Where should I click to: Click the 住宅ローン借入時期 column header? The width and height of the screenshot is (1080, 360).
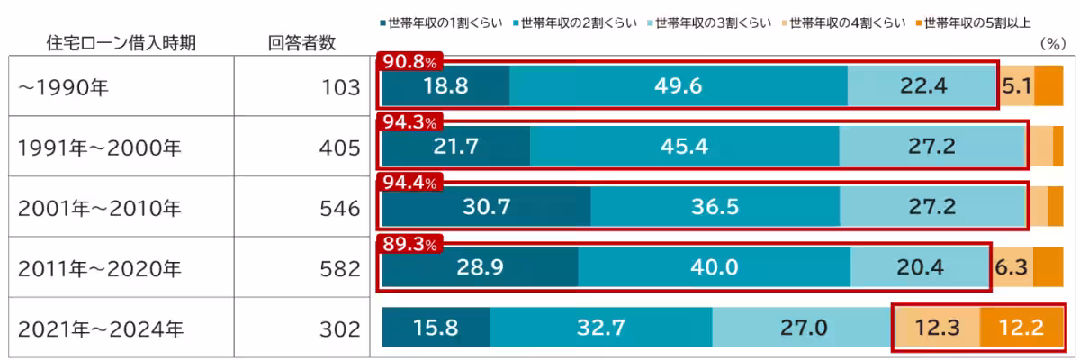pyautogui.click(x=121, y=42)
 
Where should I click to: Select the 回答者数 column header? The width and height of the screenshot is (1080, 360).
pyautogui.click(x=302, y=42)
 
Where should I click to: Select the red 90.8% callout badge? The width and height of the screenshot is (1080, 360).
pyautogui.click(x=410, y=63)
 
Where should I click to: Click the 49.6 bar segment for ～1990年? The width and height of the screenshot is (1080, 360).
pyautogui.click(x=679, y=86)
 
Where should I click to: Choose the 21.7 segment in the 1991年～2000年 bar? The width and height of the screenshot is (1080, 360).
pyautogui.click(x=456, y=147)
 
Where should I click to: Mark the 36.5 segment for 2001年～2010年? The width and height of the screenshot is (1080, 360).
pyautogui.click(x=715, y=207)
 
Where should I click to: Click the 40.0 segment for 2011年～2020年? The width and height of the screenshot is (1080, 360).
pyautogui.click(x=714, y=267)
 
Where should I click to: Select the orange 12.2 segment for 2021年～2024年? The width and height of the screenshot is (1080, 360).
pyautogui.click(x=1021, y=328)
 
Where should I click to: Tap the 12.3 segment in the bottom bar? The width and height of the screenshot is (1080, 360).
pyautogui.click(x=936, y=328)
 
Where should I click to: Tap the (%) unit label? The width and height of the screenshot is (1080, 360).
pyautogui.click(x=1052, y=43)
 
